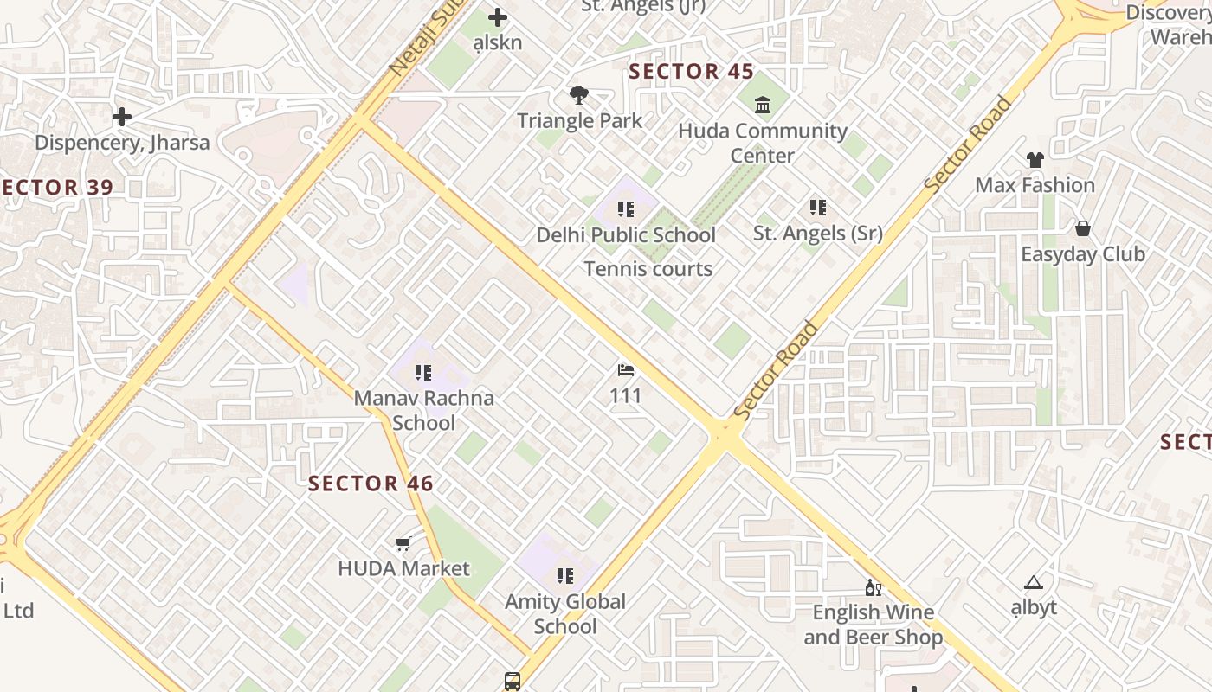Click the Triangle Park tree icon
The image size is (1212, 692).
579,94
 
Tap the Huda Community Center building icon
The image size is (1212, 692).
763,106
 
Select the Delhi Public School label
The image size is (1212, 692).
626,235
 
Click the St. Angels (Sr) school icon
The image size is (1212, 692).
817,208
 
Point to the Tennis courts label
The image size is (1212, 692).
648,269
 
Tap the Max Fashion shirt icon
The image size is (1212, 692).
1035,160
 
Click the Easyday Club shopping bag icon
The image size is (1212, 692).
1082,229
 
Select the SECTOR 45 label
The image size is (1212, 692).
692,71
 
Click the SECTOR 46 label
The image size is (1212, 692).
371,484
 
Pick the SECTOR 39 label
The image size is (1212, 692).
56,188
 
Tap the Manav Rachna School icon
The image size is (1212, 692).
423,373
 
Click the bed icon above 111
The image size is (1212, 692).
626,371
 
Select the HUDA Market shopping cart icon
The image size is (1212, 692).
403,544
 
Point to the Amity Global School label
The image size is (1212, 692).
565,613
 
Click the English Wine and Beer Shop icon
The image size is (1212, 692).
874,588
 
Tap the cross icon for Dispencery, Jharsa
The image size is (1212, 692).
122,116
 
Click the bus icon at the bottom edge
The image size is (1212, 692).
513,682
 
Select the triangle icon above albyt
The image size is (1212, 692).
1033,583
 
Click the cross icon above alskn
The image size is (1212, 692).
498,17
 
